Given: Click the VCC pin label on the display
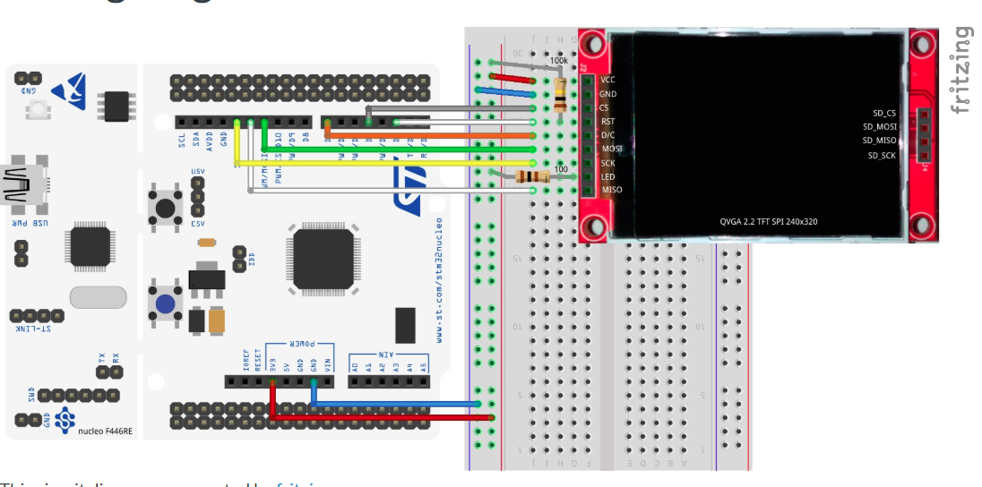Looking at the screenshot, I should (607, 80).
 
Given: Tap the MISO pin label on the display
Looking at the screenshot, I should (611, 190).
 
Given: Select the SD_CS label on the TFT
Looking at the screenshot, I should (883, 113).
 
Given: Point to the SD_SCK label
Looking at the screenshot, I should (882, 156).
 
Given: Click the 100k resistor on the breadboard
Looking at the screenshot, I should (561, 93).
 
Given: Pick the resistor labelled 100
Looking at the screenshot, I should (530, 177).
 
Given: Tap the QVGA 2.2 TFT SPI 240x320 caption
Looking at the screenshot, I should (768, 221).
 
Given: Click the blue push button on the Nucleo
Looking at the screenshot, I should (166, 303).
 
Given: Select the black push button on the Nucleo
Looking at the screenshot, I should (166, 207).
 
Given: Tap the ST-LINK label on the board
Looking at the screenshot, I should (36, 329).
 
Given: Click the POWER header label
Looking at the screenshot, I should (300, 344).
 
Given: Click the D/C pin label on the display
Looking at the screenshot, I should (607, 135).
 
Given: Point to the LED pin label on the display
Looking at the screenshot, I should (607, 176).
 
